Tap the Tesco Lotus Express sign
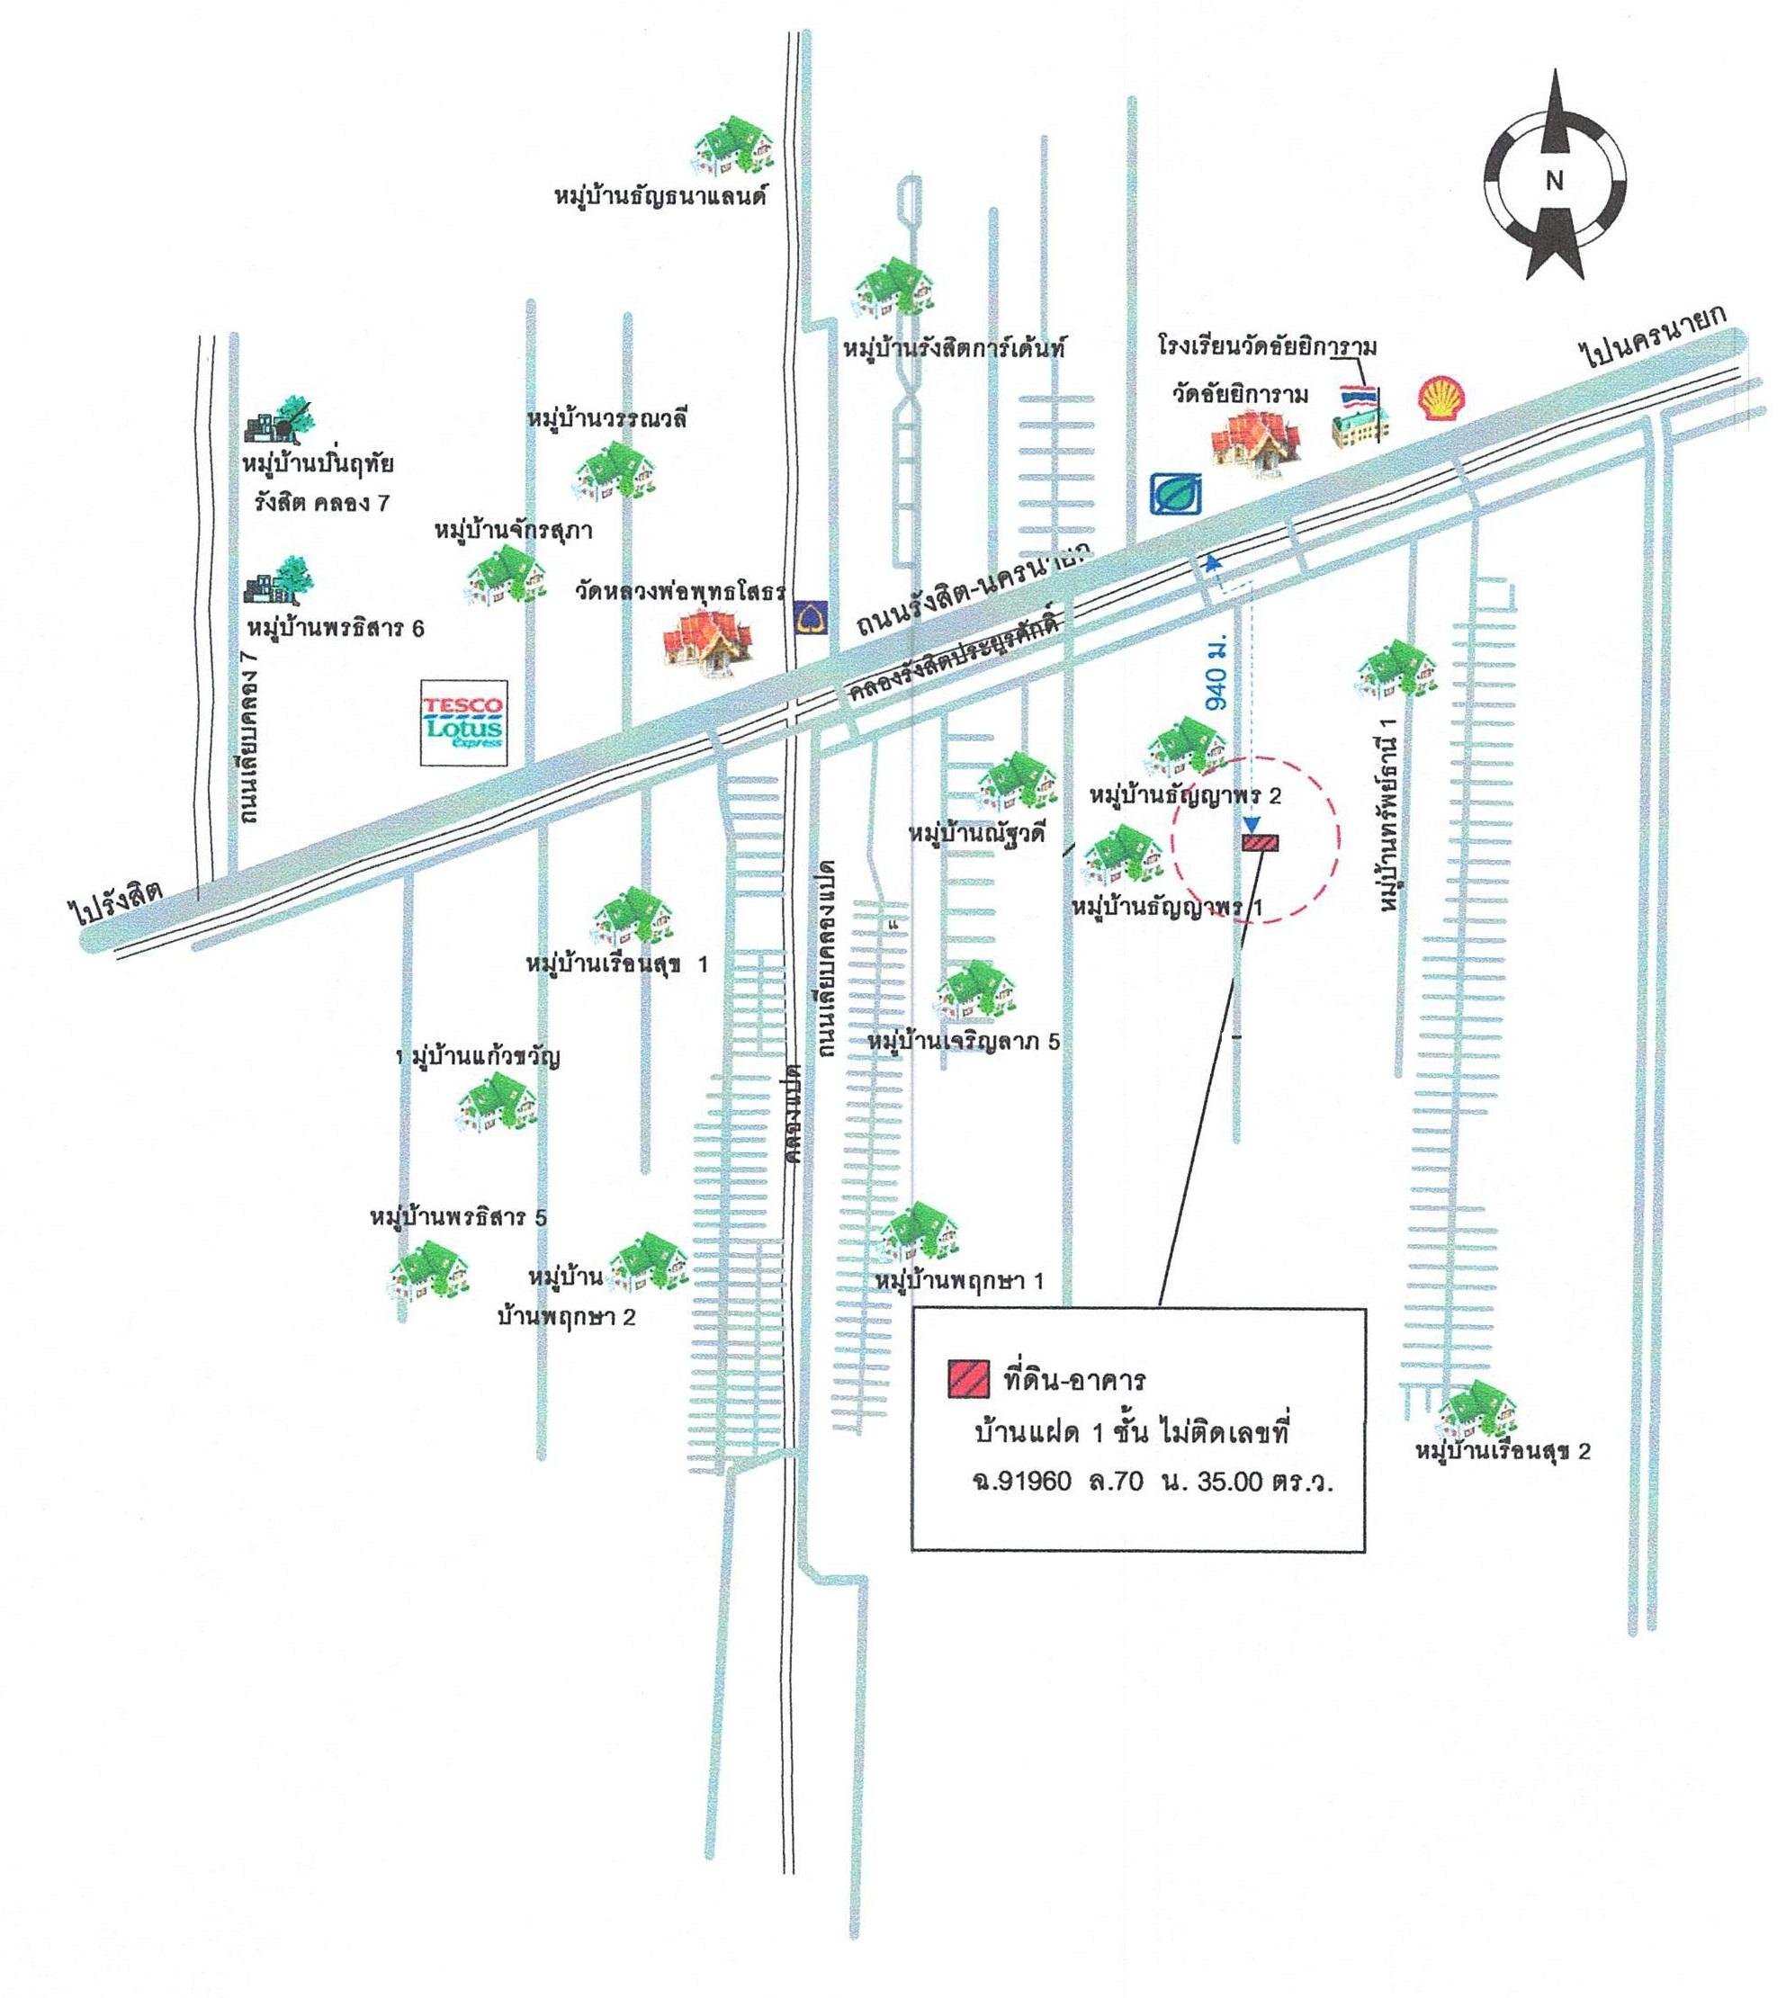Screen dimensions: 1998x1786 pyautogui.click(x=463, y=722)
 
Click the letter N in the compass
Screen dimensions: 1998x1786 pyautogui.click(x=1554, y=181)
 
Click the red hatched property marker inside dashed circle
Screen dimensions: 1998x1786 pyautogui.click(x=1260, y=842)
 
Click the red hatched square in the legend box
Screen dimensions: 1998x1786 pyautogui.click(x=967, y=1380)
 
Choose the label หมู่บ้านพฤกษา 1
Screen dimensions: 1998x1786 pyautogui.click(x=959, y=1281)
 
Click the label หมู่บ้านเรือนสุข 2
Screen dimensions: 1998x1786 pyautogui.click(x=1503, y=1450)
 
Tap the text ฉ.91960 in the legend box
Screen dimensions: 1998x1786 pyautogui.click(x=1018, y=1481)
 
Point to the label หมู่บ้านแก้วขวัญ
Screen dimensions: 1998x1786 pyautogui.click(x=478, y=1058)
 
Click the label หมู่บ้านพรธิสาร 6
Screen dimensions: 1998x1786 pyautogui.click(x=336, y=628)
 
